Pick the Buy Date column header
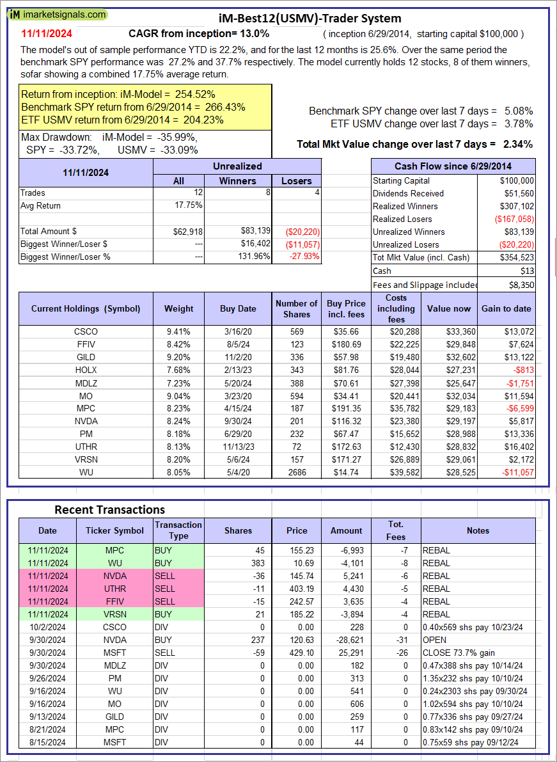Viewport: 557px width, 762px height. coord(238,308)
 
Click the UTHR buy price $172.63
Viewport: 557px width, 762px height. coord(347,448)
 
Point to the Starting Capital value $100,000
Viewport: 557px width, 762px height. coord(517,181)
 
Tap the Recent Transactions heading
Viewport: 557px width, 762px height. coord(109,510)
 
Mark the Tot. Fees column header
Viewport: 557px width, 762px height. coord(396,530)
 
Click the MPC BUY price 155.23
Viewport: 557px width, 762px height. coord(297,550)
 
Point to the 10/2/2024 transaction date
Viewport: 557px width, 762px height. coord(47,627)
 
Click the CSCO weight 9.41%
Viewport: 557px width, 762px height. coord(178,331)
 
